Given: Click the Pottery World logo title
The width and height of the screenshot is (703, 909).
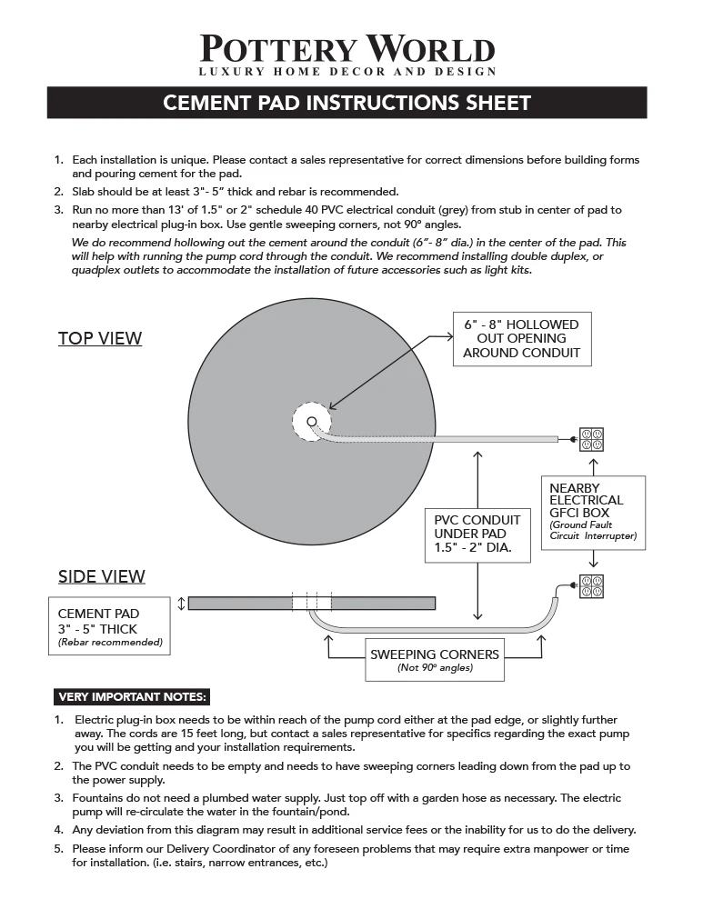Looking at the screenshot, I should pyautogui.click(x=347, y=48).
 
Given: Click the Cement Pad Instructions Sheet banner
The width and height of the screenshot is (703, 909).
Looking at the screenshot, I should pyautogui.click(x=346, y=103).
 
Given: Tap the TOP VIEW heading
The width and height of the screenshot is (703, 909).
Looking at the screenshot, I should pyautogui.click(x=100, y=339).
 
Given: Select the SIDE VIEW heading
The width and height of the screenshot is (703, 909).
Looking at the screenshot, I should pyautogui.click(x=102, y=576).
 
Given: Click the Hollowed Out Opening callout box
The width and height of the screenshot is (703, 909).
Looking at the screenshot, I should pyautogui.click(x=521, y=339).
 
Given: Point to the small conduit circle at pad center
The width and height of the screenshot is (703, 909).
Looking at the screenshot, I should pyautogui.click(x=312, y=422).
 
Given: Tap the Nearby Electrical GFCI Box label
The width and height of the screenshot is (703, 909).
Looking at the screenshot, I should pyautogui.click(x=592, y=513).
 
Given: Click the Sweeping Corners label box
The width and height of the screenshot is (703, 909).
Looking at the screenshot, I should pyautogui.click(x=434, y=659).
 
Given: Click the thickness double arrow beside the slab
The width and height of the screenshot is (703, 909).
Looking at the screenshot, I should pyautogui.click(x=181, y=603).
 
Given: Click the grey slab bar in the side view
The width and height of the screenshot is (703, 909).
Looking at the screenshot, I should pyautogui.click(x=236, y=603).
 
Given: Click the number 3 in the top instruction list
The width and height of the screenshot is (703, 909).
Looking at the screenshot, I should pyautogui.click(x=59, y=210).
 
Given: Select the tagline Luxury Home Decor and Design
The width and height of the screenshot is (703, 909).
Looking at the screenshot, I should pyautogui.click(x=347, y=72).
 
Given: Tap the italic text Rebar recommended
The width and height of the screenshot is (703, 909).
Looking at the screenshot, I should pyautogui.click(x=109, y=643).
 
